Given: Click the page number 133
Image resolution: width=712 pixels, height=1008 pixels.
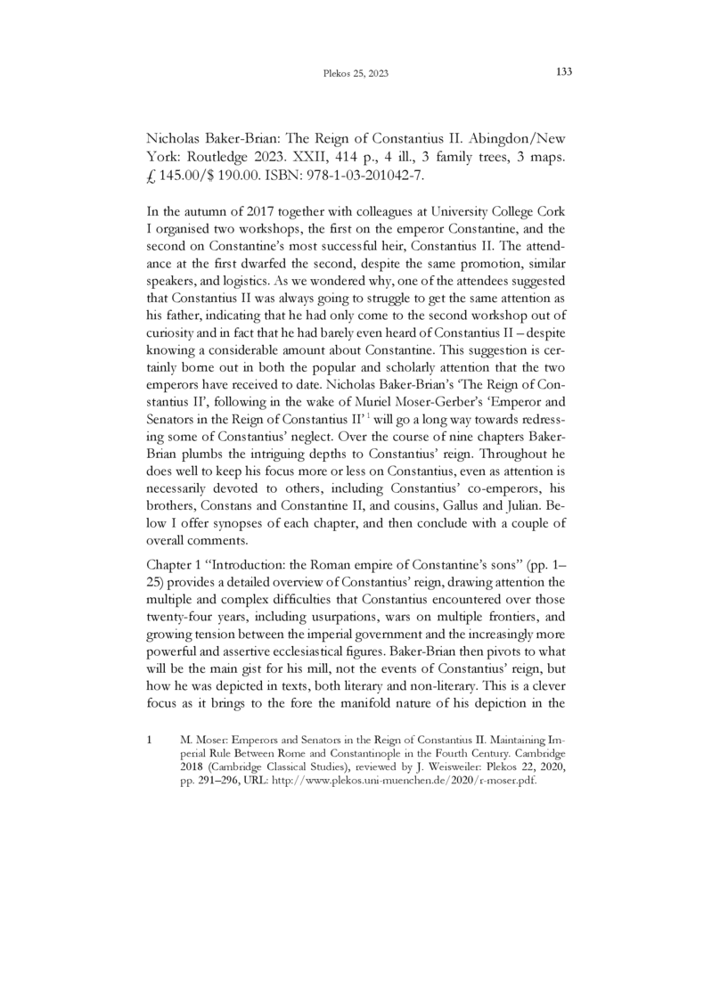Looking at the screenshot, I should (562, 72).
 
